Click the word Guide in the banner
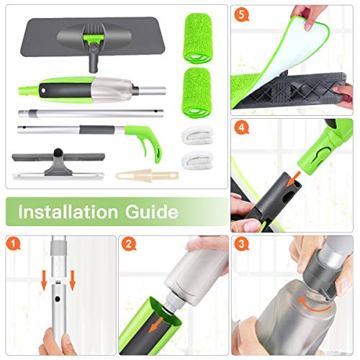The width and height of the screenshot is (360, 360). click(x=152, y=212)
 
